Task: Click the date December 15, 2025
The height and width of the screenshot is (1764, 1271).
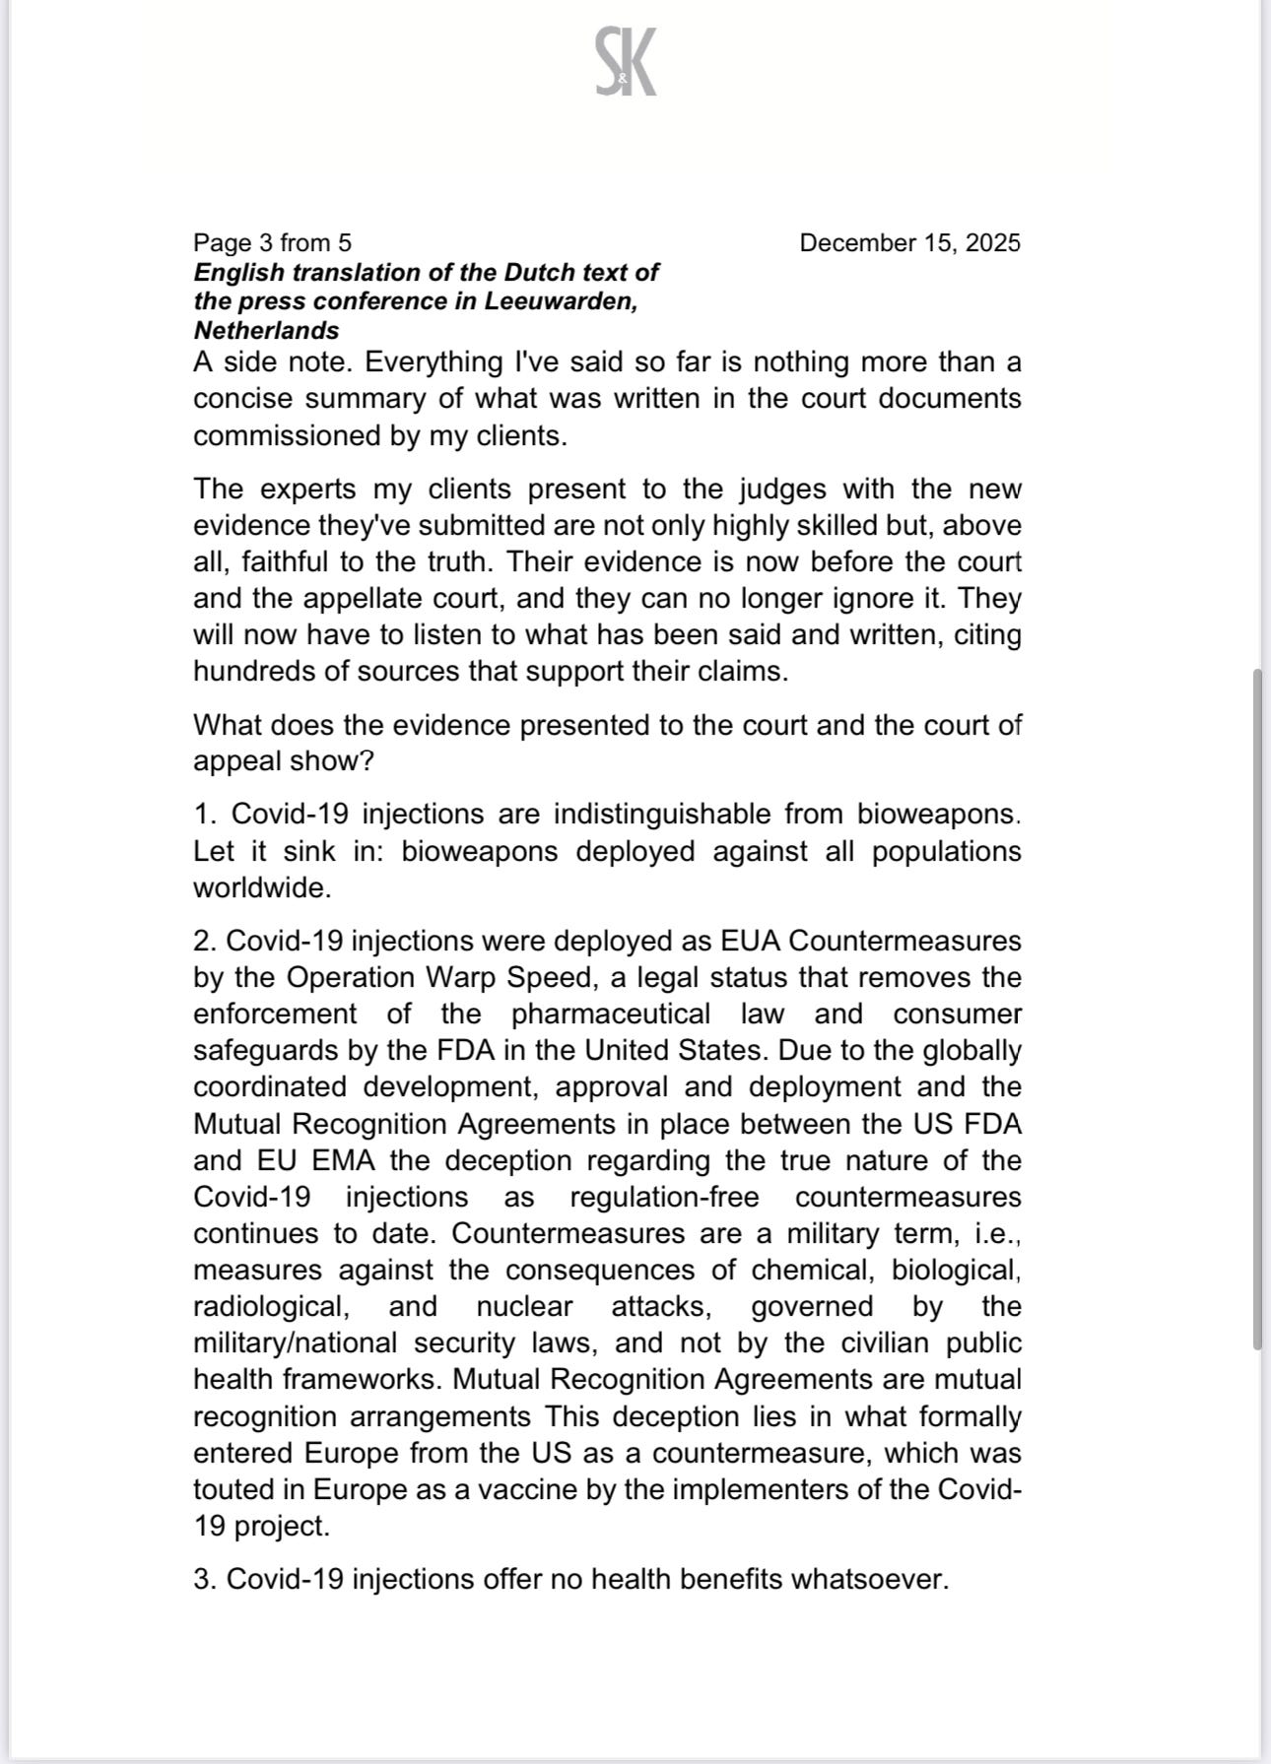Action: (909, 242)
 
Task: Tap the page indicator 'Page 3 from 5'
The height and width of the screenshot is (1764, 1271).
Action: (272, 242)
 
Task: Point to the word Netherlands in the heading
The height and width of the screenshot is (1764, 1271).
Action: (266, 330)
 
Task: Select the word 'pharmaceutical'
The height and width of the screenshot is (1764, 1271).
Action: (610, 1013)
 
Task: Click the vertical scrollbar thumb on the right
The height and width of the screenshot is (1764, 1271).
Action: (1257, 1009)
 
